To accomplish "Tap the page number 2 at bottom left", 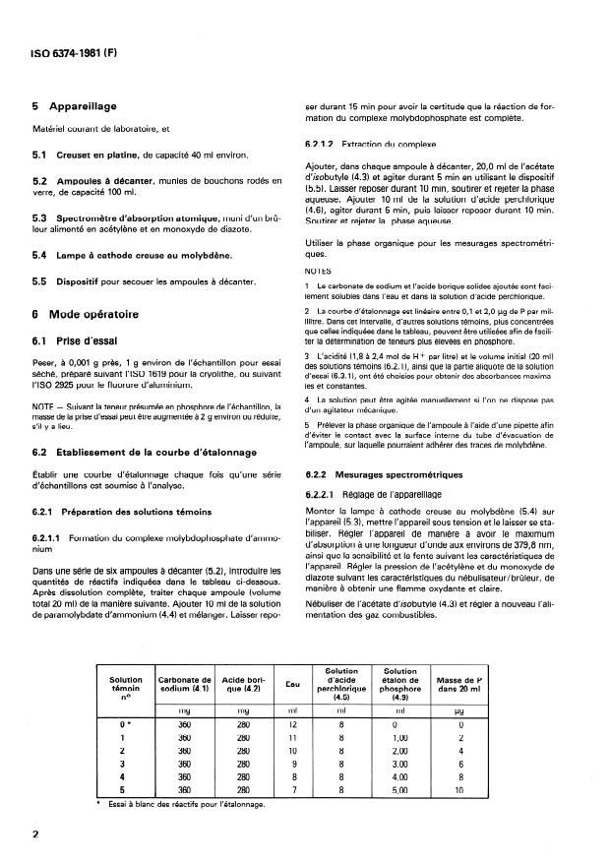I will tap(36, 832).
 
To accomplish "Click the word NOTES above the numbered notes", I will tap(319, 269).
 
